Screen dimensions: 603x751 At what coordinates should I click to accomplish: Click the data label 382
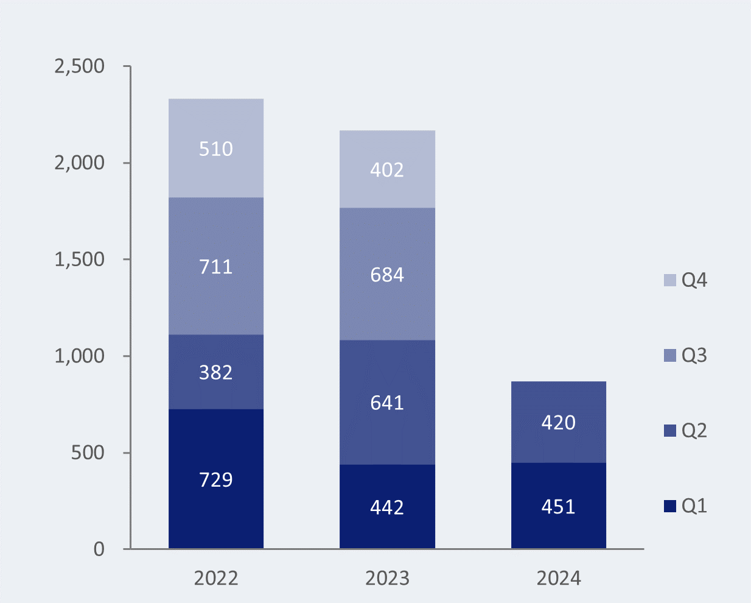tap(216, 372)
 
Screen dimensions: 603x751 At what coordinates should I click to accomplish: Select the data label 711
tap(216, 267)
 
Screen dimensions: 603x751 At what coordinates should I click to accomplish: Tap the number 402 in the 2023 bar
tap(387, 169)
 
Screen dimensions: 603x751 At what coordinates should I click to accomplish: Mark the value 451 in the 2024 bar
tap(558, 507)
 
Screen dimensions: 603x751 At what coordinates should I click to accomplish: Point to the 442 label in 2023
tap(387, 507)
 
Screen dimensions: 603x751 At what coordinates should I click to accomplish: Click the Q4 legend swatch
tap(670, 280)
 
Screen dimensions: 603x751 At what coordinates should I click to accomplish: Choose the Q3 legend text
tap(694, 355)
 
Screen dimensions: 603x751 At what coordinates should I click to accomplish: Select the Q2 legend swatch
tap(670, 431)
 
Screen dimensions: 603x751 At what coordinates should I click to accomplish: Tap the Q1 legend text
tap(694, 506)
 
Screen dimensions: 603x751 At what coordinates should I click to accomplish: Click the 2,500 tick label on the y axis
tap(80, 66)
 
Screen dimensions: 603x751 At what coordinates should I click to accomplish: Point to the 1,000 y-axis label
tap(80, 356)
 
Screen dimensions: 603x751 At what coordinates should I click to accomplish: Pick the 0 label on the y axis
tap(99, 549)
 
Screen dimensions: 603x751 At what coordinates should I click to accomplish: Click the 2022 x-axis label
tap(216, 578)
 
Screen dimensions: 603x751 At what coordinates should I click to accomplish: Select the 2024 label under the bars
tap(558, 578)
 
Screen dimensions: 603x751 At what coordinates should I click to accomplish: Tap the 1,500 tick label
tap(80, 259)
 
